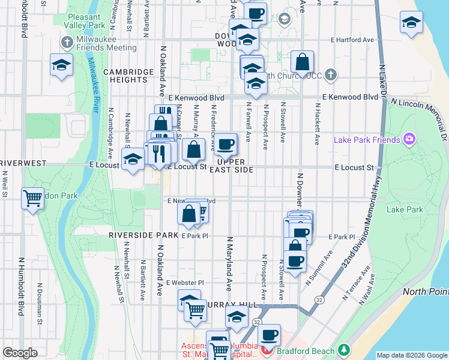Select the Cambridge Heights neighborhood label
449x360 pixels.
tap(128, 76)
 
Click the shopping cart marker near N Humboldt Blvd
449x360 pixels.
tap(32, 199)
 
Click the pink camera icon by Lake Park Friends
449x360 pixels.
tap(409, 140)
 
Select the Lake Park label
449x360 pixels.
tap(405, 210)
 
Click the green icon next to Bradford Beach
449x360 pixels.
tap(343, 349)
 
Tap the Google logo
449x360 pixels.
tap(20, 353)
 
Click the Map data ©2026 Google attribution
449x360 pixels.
tap(412, 355)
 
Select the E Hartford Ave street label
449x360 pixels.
tap(352, 40)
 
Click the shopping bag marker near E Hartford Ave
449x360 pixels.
tap(303, 62)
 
